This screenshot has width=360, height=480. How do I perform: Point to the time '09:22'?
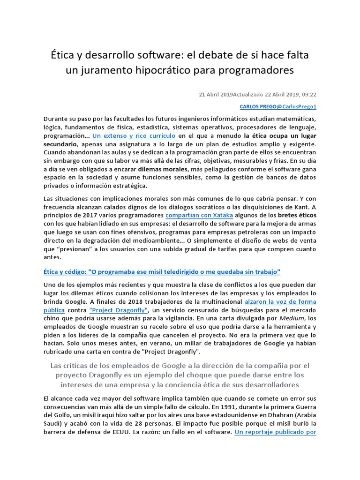[309, 94]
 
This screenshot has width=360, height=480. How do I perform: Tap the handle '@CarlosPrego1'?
[296, 107]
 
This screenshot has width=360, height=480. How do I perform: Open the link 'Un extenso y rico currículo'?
[134, 136]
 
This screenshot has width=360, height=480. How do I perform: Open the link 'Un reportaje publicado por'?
[276, 432]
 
